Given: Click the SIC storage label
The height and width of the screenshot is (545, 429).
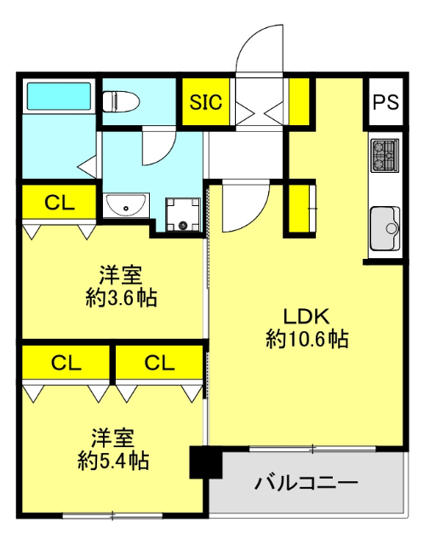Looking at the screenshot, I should [x=205, y=103].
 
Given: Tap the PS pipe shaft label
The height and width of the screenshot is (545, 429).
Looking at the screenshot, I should [x=385, y=102].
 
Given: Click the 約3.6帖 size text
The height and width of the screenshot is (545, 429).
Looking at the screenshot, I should [x=120, y=298].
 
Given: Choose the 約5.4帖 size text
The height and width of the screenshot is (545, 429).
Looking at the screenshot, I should [x=113, y=462].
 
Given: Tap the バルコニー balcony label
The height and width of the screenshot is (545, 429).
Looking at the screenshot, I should [x=306, y=484].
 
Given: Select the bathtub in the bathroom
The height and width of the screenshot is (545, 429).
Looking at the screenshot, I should [x=58, y=96].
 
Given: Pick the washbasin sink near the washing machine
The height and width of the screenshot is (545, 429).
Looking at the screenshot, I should [x=127, y=207].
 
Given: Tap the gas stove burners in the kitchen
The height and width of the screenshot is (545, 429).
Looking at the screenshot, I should [x=383, y=154].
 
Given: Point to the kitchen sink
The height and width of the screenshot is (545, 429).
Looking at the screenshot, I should [x=386, y=227].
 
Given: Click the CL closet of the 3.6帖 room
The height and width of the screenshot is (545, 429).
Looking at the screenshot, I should [x=58, y=203].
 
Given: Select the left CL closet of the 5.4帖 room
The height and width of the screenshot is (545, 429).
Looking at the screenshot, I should [x=66, y=363].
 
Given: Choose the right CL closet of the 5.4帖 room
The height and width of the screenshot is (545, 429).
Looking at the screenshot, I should [x=158, y=363].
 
